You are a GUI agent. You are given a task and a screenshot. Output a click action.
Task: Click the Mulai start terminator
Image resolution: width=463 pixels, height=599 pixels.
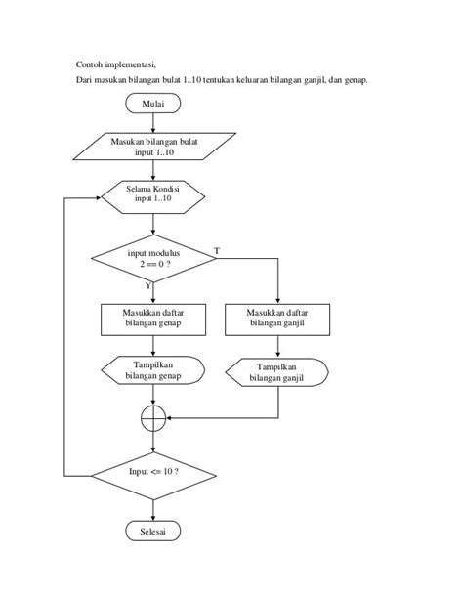(x=152, y=104)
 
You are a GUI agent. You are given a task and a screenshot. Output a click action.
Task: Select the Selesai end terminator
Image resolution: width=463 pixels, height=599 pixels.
(x=152, y=531)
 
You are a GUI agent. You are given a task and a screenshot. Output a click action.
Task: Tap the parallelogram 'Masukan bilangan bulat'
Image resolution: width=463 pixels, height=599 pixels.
(x=154, y=147)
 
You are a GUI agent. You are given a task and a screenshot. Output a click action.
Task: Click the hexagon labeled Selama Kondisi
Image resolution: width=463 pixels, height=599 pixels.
(x=152, y=197)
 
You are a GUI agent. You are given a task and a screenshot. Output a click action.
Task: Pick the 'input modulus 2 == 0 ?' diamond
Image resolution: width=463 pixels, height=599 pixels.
(x=153, y=259)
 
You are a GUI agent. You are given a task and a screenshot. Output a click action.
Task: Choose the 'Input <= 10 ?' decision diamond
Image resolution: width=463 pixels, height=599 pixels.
(x=153, y=476)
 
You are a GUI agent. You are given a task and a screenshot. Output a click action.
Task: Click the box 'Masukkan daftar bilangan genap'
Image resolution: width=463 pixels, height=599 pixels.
(x=153, y=320)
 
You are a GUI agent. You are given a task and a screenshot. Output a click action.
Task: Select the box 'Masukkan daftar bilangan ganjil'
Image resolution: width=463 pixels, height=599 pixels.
(x=277, y=320)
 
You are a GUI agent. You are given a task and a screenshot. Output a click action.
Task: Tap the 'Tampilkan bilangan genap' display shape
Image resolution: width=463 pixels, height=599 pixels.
(x=152, y=370)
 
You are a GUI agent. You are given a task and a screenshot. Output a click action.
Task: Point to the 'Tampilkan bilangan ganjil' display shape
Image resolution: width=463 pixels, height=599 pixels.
(x=277, y=372)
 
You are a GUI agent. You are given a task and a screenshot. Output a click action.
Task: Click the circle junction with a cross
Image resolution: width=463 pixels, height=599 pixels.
(x=153, y=418)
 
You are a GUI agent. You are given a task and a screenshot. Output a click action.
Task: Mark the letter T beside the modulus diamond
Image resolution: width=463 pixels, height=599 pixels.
(x=217, y=251)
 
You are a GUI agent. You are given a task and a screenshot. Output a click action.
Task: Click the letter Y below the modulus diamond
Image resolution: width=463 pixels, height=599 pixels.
(x=148, y=285)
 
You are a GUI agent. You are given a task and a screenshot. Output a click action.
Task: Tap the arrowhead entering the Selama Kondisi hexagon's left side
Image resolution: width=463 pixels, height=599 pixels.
(x=99, y=198)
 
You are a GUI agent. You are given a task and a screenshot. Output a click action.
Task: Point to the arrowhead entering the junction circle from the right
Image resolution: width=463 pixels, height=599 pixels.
(x=168, y=418)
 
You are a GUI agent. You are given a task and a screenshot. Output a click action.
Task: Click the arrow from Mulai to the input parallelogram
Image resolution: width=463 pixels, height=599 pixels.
(x=153, y=123)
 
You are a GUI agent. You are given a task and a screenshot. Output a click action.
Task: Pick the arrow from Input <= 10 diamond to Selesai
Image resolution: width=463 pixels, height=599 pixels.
(x=153, y=510)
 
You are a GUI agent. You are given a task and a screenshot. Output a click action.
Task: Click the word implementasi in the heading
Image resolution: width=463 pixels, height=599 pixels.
(x=131, y=64)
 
